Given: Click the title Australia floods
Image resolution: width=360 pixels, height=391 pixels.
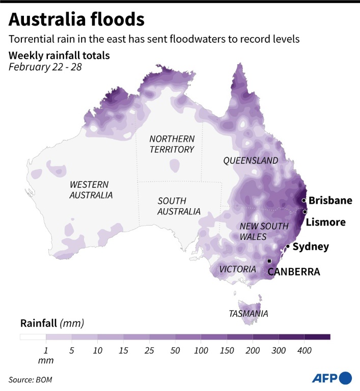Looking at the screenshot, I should pos(76,20).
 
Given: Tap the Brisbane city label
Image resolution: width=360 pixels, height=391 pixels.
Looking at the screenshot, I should pos(330,201).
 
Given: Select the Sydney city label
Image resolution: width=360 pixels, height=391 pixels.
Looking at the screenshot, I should pos(311,247).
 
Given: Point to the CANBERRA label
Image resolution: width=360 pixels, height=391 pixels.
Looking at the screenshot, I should pos(294,272).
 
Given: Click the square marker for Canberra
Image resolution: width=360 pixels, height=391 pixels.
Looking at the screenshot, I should pos(269,261).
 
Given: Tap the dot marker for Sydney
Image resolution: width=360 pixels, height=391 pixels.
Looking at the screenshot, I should pos(288,246).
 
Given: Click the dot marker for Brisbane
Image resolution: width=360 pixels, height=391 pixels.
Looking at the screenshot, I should pos(304,200).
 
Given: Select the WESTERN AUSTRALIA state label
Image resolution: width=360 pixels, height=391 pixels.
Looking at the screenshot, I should pos(91,190).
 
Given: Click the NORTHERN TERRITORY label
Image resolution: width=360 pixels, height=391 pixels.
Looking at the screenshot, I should pos(172,144).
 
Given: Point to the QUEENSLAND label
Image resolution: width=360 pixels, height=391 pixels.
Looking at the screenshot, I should pos(251,161).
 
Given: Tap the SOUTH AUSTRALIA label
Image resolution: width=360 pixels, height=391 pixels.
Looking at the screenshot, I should pos(179,206).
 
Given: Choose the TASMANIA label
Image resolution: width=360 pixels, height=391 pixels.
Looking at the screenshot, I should pos(248,314).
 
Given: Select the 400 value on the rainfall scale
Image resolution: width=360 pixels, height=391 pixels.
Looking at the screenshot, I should pos(304,350).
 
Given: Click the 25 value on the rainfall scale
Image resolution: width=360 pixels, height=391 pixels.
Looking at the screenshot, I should pos(149,350).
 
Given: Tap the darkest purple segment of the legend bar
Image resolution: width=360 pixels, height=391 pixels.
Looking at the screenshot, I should pos(317,337).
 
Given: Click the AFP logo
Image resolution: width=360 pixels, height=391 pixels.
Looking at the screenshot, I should pos(331,378).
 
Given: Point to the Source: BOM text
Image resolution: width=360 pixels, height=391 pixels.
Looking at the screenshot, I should pos(30,380).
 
